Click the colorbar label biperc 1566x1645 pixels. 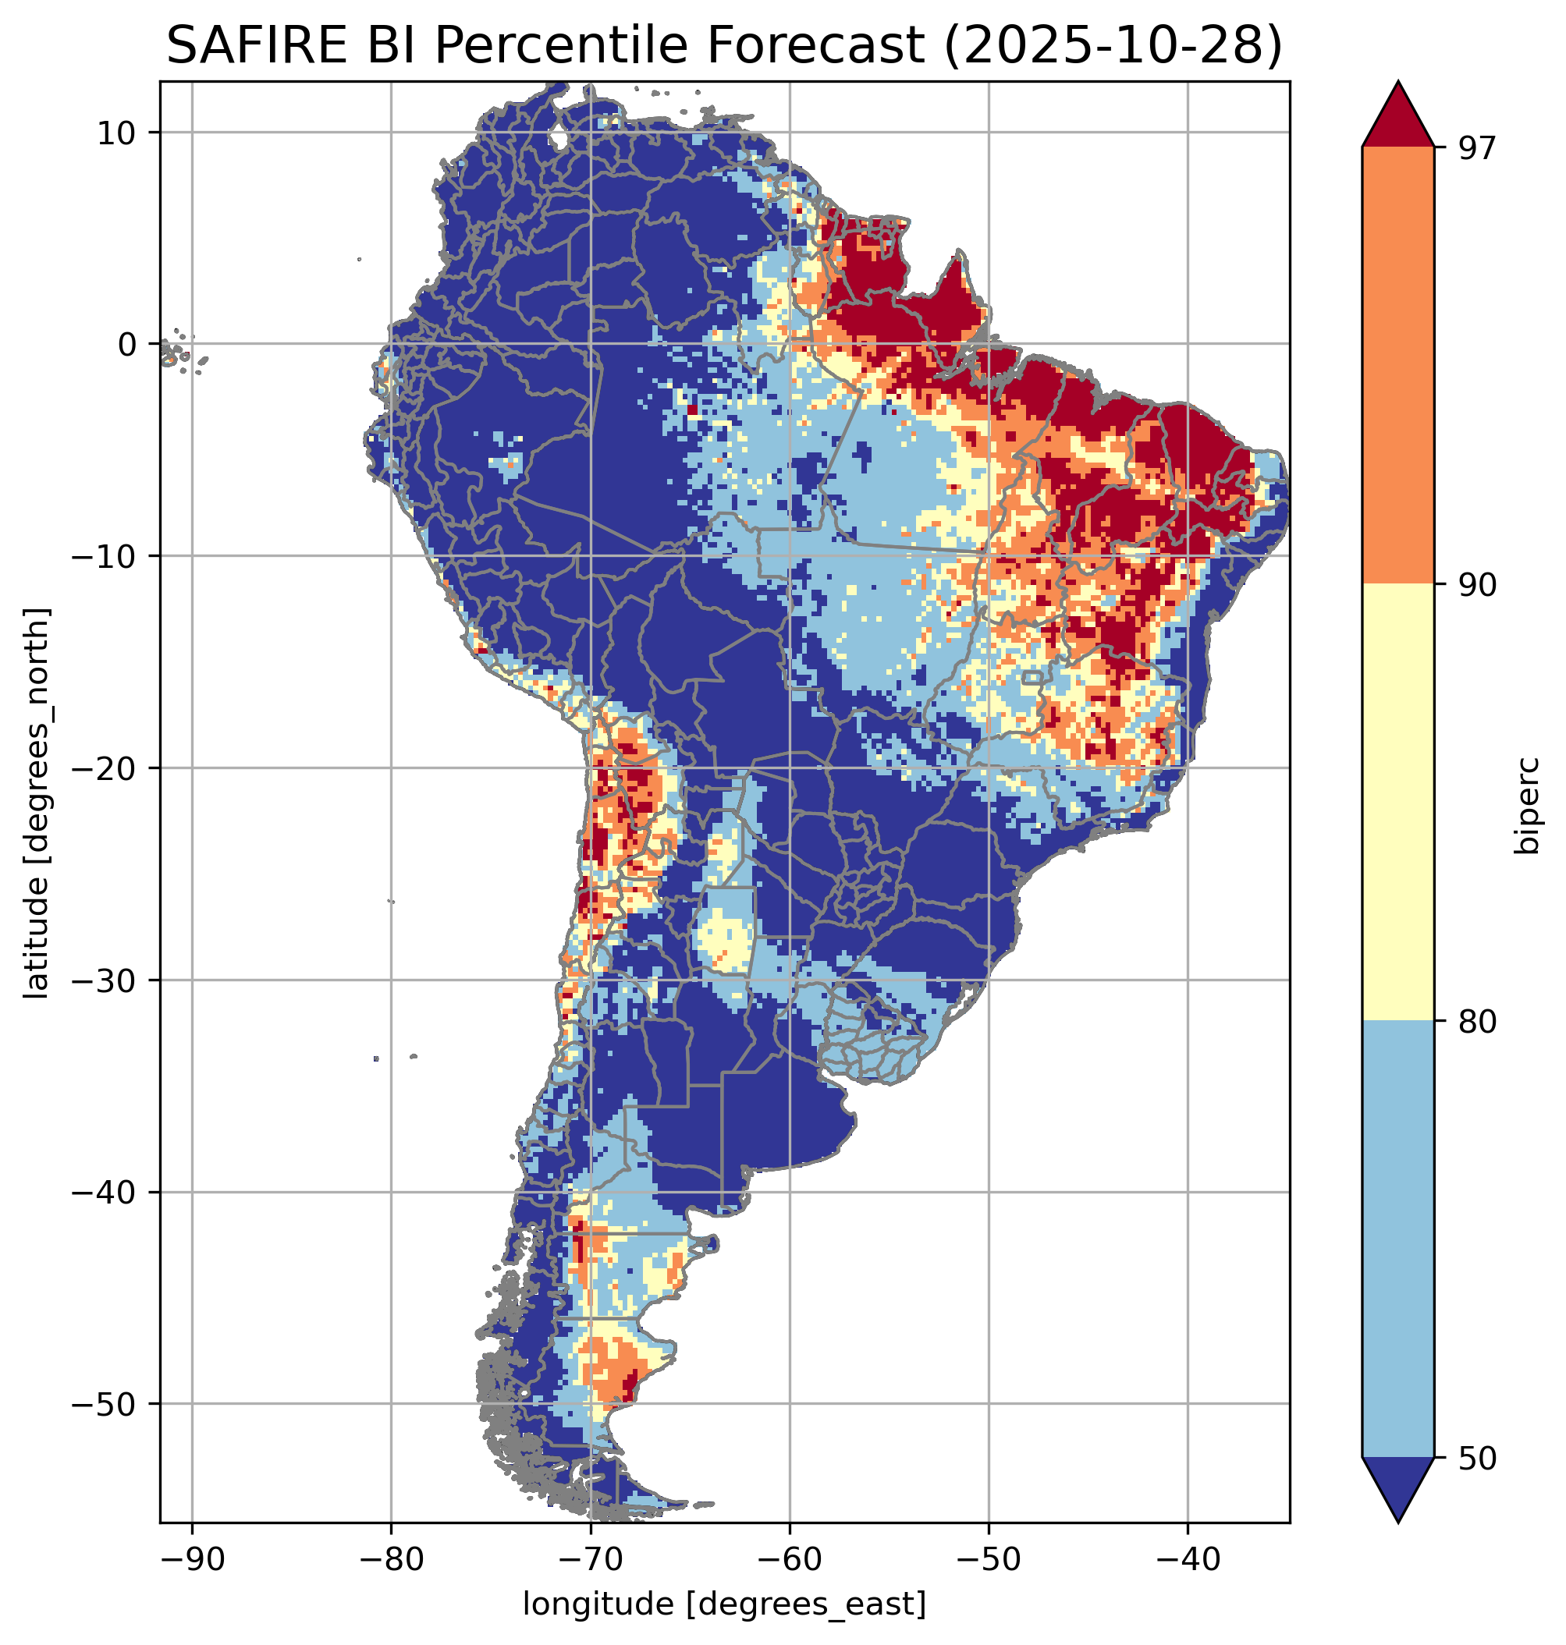(1529, 804)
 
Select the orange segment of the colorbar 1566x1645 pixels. (1397, 366)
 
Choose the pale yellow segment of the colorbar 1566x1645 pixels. (1397, 803)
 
